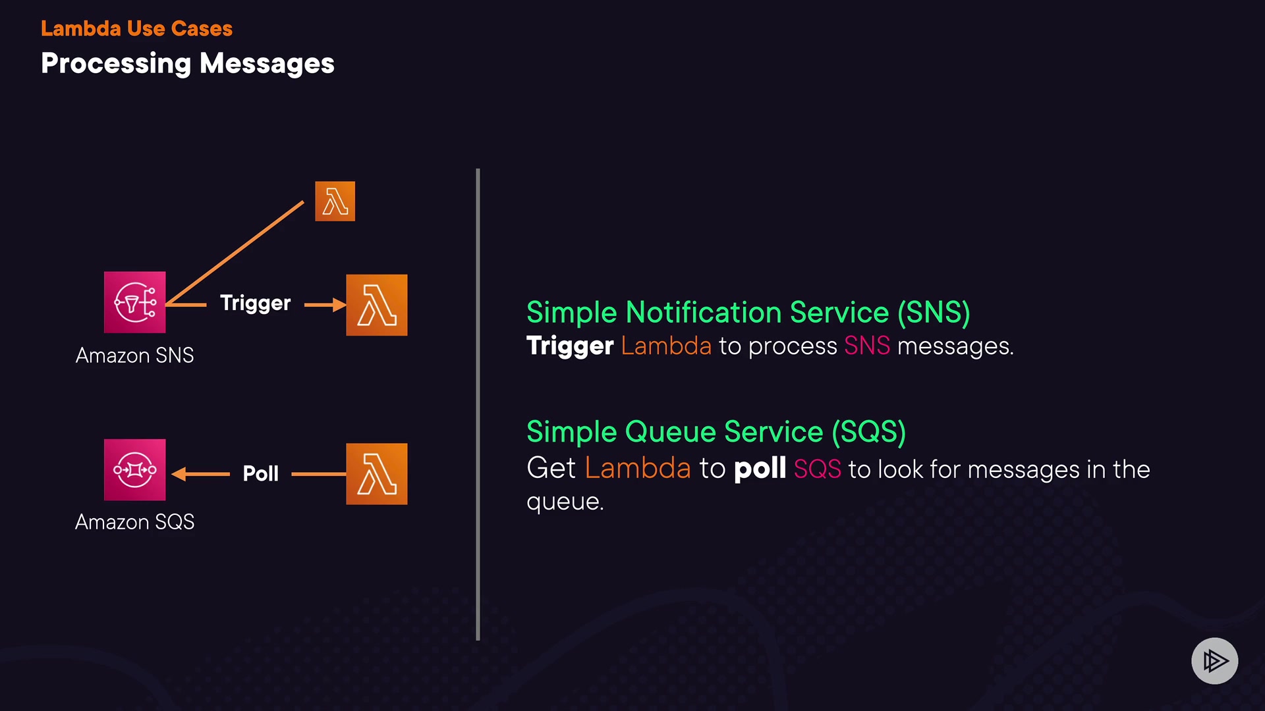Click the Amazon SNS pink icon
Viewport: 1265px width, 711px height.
(x=134, y=302)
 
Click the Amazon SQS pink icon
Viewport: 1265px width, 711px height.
(x=134, y=469)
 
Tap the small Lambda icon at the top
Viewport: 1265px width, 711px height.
(x=335, y=201)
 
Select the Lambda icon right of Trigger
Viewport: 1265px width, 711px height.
(x=376, y=305)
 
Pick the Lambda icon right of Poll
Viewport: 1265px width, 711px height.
(x=376, y=473)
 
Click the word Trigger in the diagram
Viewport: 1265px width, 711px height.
(x=255, y=303)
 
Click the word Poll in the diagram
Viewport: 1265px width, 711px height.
(x=260, y=473)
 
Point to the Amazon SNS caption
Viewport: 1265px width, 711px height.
(x=134, y=355)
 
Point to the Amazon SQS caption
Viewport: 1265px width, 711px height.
(x=134, y=522)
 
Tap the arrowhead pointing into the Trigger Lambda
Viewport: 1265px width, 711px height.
(x=339, y=304)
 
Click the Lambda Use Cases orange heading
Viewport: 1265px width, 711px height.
(x=136, y=28)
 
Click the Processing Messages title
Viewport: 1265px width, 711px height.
(x=188, y=64)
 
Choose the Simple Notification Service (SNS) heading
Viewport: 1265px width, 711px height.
(x=748, y=312)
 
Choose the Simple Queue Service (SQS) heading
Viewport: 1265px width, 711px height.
(x=716, y=432)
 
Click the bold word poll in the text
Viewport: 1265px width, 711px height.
(x=760, y=469)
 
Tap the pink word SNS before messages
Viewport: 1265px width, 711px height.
(x=867, y=346)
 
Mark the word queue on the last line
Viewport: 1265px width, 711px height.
(x=564, y=502)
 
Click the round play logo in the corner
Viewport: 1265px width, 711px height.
(x=1214, y=660)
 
